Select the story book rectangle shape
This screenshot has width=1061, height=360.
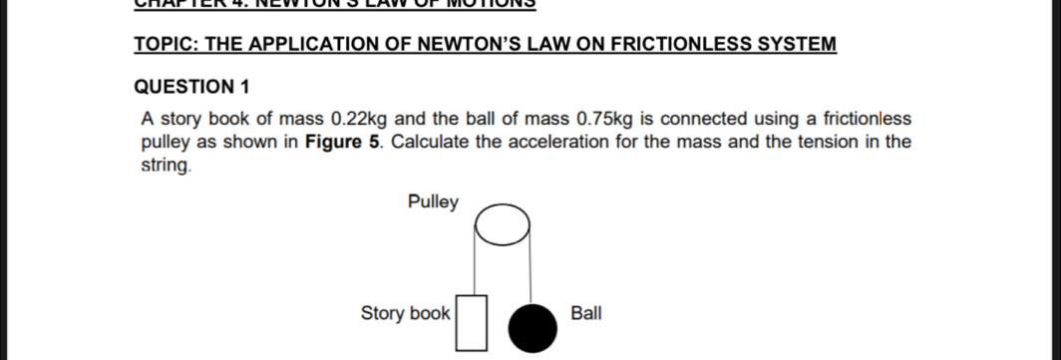coord(474,321)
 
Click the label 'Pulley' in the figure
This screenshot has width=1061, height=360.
coord(434,202)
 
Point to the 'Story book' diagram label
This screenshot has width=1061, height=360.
coord(405,313)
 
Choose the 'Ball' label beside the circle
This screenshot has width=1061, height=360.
coord(586,313)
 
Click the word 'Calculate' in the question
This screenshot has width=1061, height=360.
coord(431,142)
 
